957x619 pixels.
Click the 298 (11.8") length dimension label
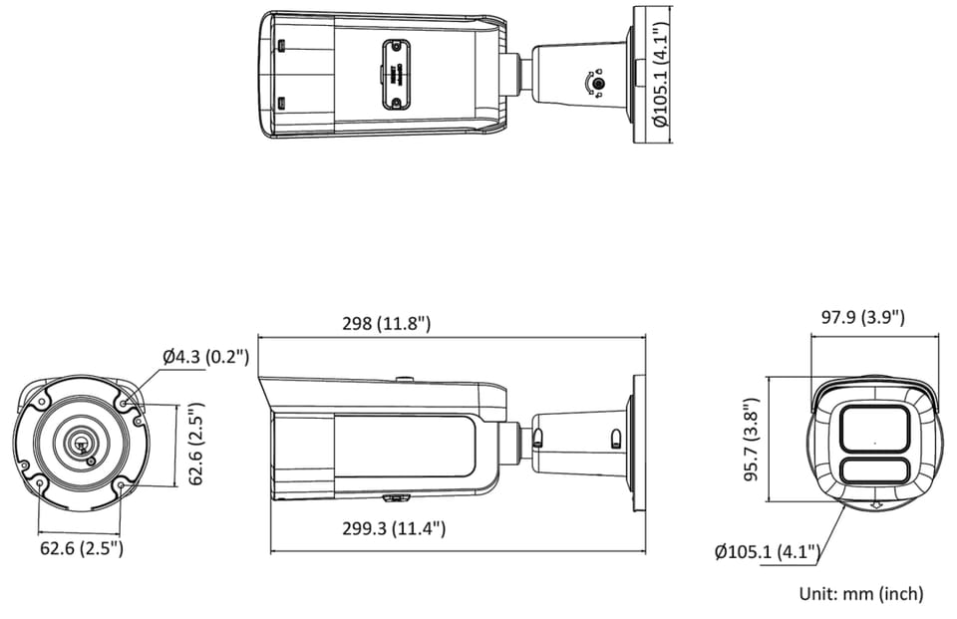tap(387, 323)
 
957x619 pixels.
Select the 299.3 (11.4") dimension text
tap(394, 528)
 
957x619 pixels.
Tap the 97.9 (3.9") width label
tap(862, 317)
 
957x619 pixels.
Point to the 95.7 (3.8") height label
tap(752, 439)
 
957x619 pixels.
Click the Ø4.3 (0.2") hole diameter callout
tap(206, 357)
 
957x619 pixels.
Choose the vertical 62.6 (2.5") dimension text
tap(196, 444)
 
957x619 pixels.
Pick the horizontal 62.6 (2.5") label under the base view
tap(82, 548)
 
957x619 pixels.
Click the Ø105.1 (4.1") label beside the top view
tap(660, 73)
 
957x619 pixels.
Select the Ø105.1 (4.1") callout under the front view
tap(768, 552)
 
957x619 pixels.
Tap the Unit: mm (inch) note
tap(861, 593)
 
